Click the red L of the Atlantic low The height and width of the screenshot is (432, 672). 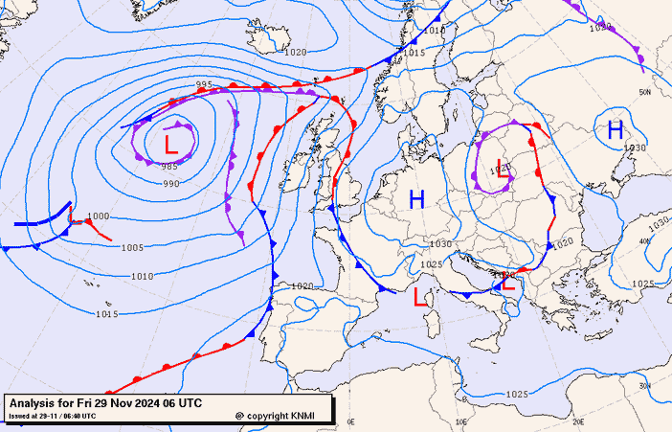tap(170, 146)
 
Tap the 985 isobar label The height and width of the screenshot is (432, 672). tap(169, 167)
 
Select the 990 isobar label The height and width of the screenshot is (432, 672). tap(170, 184)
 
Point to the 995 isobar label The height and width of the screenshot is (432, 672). tap(204, 85)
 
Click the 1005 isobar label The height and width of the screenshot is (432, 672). tap(132, 248)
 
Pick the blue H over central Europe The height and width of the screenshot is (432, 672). tap(416, 200)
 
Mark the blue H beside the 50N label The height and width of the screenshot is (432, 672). tap(615, 129)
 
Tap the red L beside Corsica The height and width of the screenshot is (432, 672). tap(418, 297)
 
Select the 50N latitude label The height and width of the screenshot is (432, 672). tap(645, 93)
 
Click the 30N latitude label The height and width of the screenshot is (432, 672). tap(645, 385)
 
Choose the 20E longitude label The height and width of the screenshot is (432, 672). tap(578, 421)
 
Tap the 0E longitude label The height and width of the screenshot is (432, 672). tap(350, 421)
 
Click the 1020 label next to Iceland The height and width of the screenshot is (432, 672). tap(296, 52)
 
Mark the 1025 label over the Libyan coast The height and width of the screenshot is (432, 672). tap(516, 395)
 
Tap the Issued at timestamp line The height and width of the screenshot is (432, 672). tap(53, 416)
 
